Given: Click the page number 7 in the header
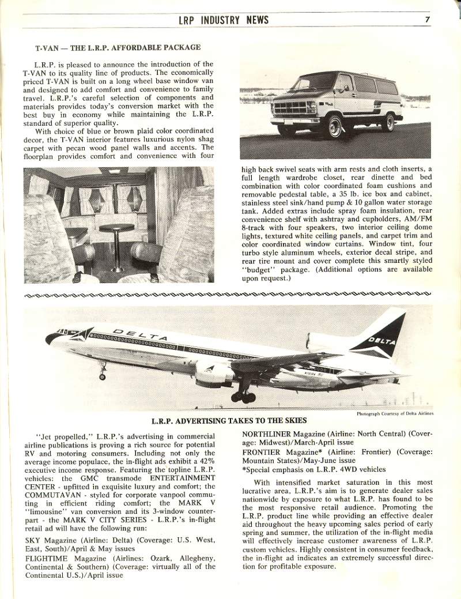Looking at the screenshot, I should click(x=428, y=20).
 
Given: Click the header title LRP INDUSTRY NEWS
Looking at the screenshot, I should click(x=224, y=20).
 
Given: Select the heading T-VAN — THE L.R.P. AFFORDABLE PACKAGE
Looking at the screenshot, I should click(x=118, y=47).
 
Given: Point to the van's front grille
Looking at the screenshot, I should click(x=294, y=108).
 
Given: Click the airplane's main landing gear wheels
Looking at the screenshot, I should click(x=243, y=397).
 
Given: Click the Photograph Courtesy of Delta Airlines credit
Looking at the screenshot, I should click(x=395, y=413).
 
